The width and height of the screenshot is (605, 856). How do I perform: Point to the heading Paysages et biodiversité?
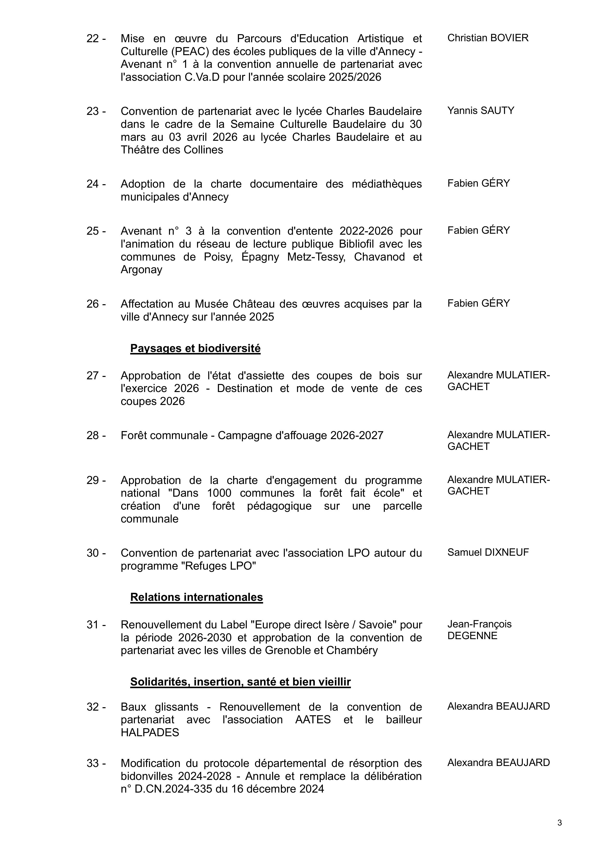[195, 349]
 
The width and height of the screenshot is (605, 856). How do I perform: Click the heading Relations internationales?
[197, 597]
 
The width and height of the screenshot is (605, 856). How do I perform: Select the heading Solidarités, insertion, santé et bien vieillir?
[240, 682]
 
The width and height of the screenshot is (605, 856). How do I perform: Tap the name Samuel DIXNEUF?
[488, 553]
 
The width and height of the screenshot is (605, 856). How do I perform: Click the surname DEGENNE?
[472, 636]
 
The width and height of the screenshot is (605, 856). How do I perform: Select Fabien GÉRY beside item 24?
[479, 183]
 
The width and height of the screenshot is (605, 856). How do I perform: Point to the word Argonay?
[142, 270]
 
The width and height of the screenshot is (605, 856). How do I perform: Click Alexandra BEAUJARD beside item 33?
[498, 763]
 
